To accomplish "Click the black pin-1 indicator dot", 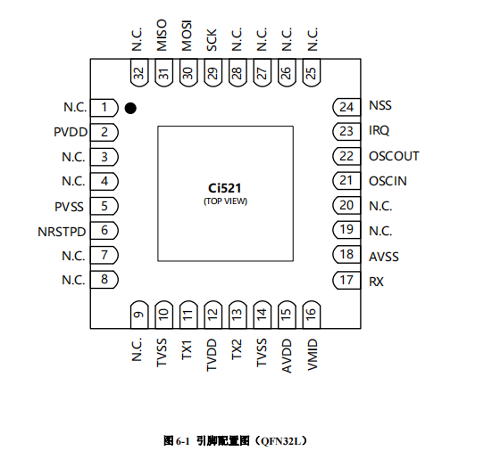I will pyautogui.click(x=130, y=108).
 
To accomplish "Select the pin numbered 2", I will pyautogui.click(x=105, y=133).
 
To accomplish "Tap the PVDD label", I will pyautogui.click(x=70, y=133).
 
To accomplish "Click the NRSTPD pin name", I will pyautogui.click(x=62, y=232).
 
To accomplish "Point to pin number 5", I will pyautogui.click(x=105, y=207).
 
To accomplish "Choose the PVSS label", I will pyautogui.click(x=70, y=207).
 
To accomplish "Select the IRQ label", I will pyautogui.click(x=379, y=131).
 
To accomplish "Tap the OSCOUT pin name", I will pyautogui.click(x=394, y=156).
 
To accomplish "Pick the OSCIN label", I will pyautogui.click(x=388, y=181).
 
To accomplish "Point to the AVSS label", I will pyautogui.click(x=384, y=256).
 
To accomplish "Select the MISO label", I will pyautogui.click(x=163, y=40).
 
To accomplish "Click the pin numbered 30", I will pyautogui.click(x=188, y=74).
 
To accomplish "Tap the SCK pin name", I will pyautogui.click(x=213, y=43).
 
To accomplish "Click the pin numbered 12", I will pyautogui.click(x=213, y=314).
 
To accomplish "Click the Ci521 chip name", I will pyautogui.click(x=225, y=189).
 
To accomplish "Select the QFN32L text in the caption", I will pyautogui.click(x=283, y=440).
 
